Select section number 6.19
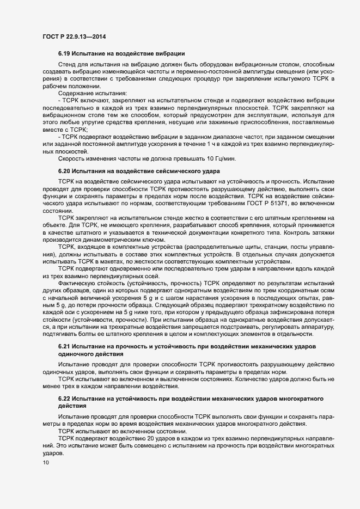(65, 53)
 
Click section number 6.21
(65, 346)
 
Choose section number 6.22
(65, 399)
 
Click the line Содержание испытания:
(89, 95)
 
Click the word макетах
(117, 262)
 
